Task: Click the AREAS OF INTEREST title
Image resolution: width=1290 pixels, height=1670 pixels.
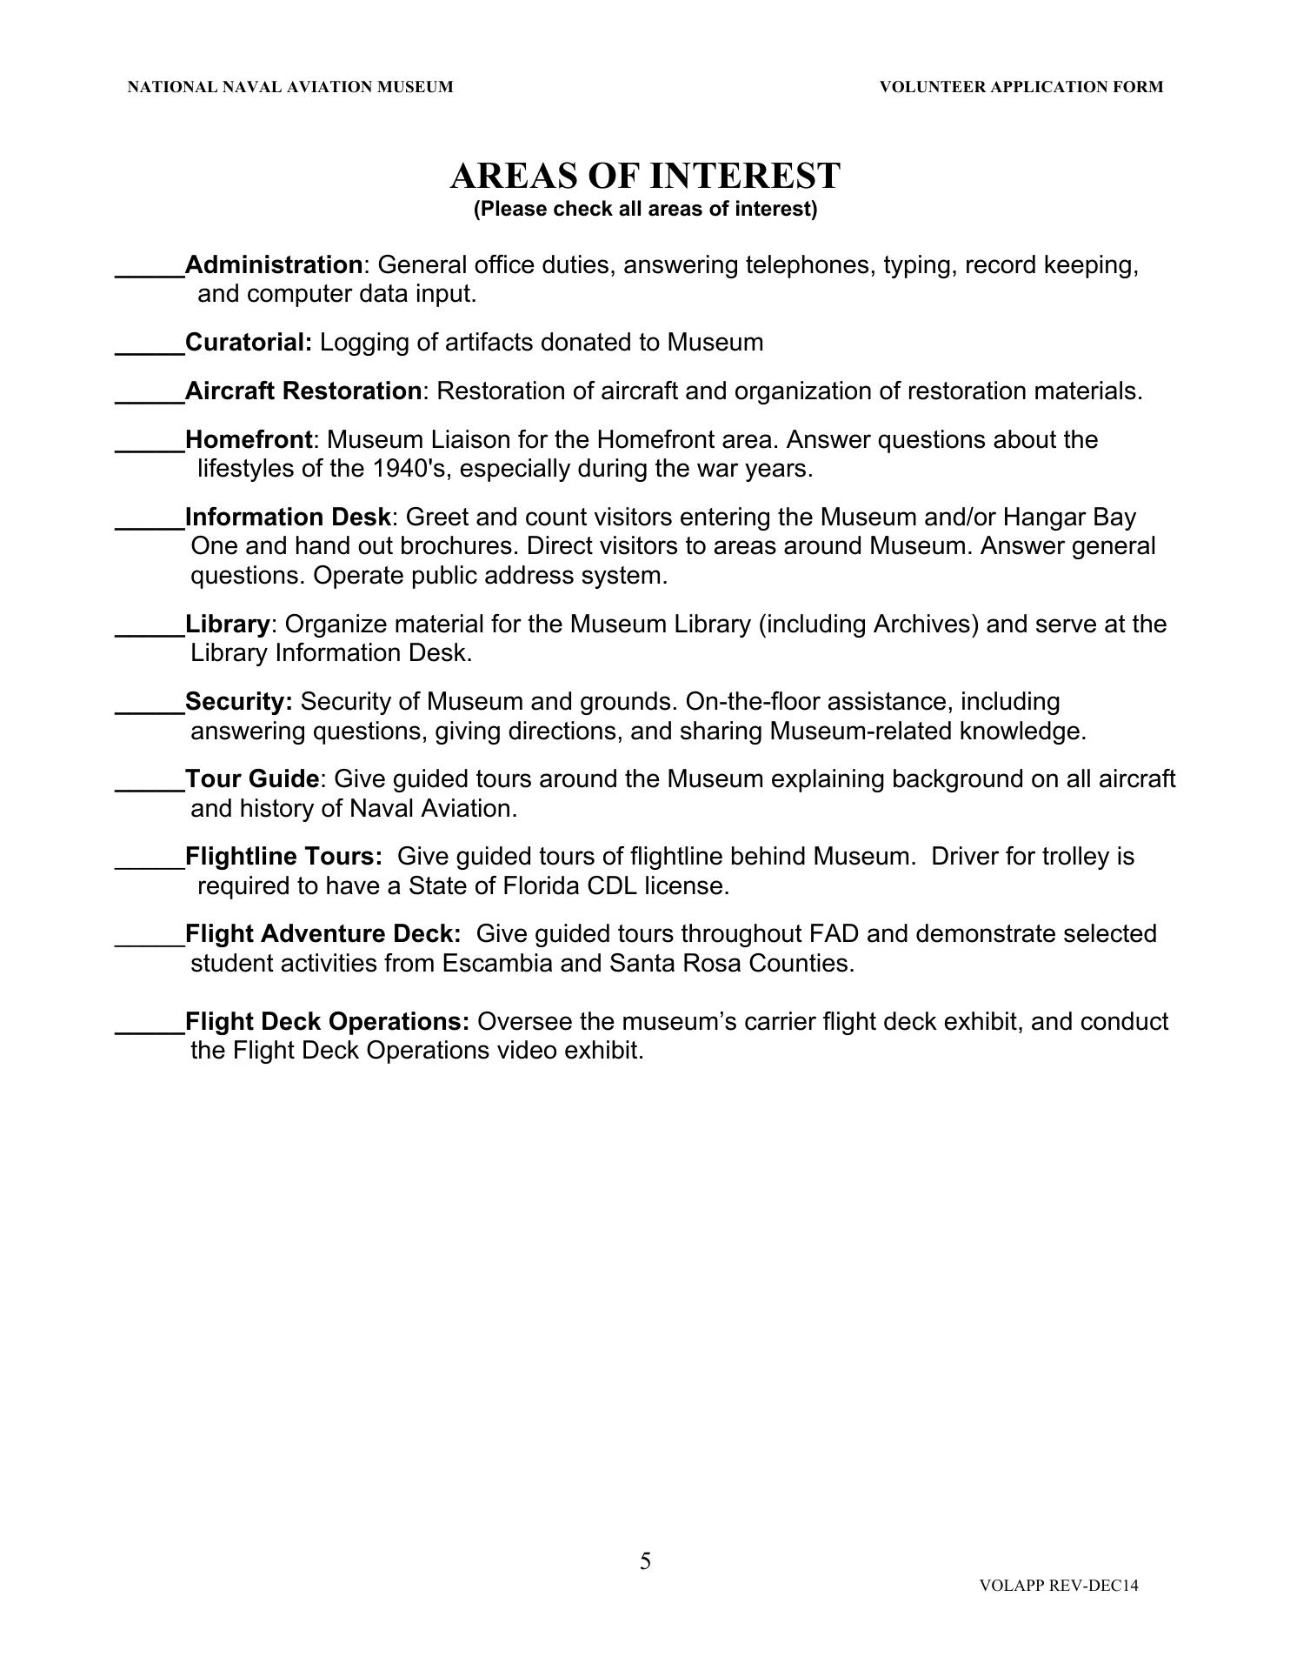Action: tap(645, 176)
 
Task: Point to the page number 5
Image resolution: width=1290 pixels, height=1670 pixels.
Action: tap(645, 1561)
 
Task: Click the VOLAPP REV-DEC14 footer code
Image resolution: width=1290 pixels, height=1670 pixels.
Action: tap(1058, 1586)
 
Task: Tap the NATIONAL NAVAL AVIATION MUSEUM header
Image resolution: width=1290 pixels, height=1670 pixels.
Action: tap(290, 87)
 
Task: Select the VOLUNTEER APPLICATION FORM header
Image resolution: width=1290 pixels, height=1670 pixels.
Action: tap(1021, 87)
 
